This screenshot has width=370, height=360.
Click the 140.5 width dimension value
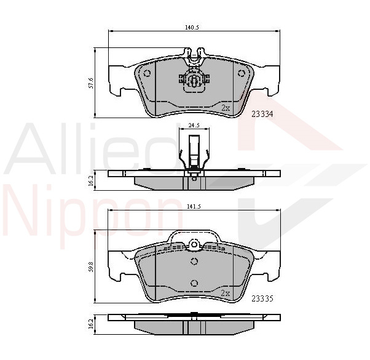click(192, 28)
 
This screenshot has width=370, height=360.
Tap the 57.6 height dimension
click(91, 82)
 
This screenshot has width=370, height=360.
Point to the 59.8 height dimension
click(91, 266)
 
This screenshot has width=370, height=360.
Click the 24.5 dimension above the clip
click(194, 126)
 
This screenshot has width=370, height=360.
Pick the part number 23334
click(262, 114)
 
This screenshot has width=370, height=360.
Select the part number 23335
click(262, 299)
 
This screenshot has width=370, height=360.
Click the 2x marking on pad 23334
click(226, 108)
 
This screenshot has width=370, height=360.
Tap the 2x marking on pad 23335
click(226, 293)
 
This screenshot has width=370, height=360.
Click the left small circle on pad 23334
click(147, 73)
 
